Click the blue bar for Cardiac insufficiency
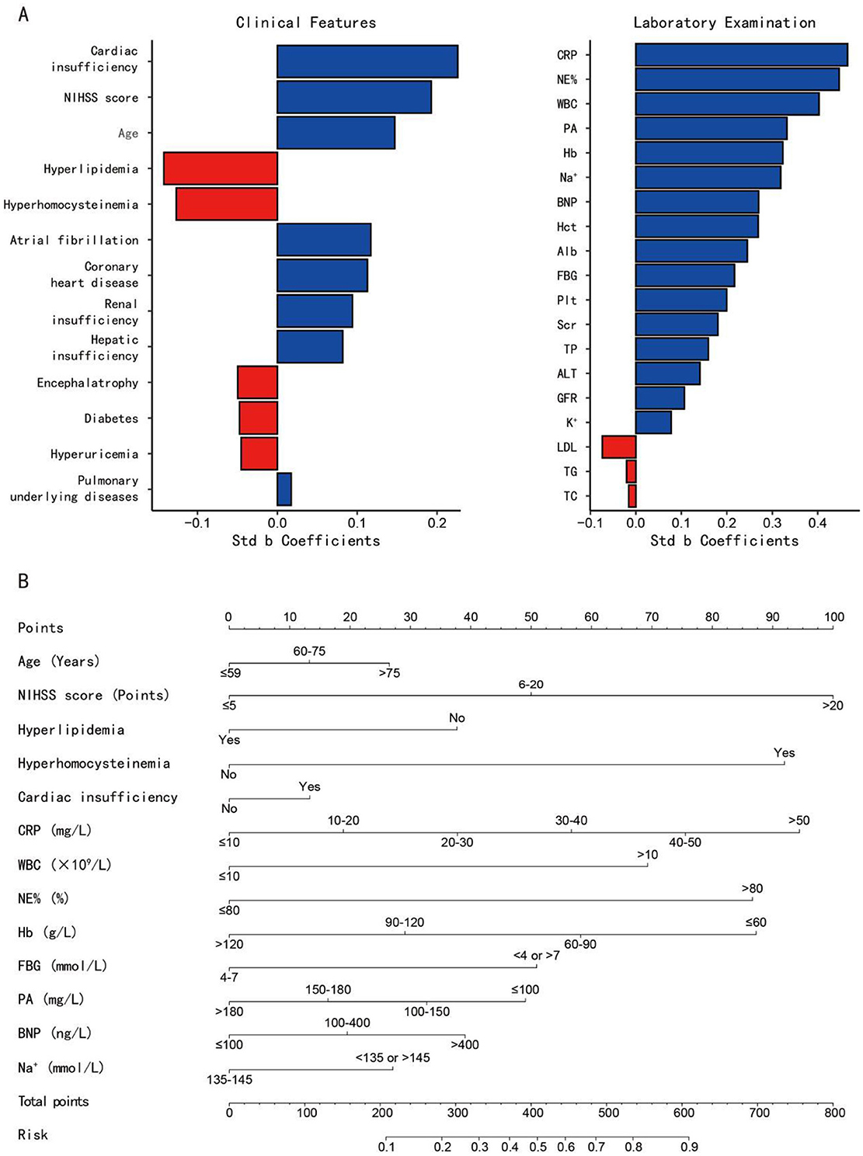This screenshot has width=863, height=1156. point(367,61)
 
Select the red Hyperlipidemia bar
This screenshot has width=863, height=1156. point(221,168)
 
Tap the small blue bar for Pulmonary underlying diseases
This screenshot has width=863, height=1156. point(284,489)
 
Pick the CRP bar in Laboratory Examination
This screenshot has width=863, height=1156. point(741,55)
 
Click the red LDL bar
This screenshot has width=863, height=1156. point(619,447)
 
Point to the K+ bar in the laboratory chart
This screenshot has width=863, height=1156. point(653,422)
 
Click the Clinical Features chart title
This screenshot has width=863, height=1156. point(305,23)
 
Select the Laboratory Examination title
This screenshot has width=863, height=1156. point(725,23)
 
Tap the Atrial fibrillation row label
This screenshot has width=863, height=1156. point(75,240)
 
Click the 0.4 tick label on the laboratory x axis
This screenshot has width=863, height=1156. point(817,523)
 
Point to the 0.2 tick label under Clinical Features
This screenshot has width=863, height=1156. point(437,523)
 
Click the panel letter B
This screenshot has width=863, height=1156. point(23,581)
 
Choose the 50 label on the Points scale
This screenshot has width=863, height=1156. point(531,616)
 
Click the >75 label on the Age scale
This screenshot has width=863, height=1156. point(389,673)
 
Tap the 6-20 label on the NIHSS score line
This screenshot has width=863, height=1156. point(531,684)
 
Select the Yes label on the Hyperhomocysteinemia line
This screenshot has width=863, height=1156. point(784,752)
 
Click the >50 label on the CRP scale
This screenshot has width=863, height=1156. point(799,820)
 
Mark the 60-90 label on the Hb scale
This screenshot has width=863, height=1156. point(580,944)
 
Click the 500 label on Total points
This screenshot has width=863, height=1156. point(608,1113)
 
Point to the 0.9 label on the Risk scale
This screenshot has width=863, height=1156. point(689,1147)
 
